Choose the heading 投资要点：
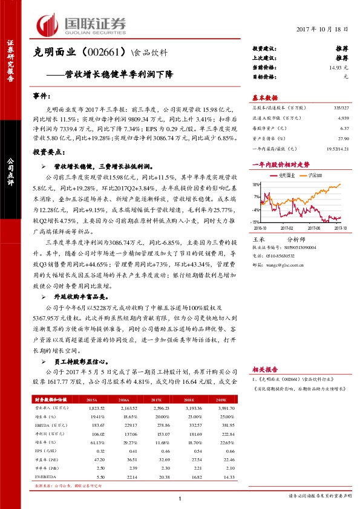point(47,153)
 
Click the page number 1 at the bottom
point(180,499)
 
